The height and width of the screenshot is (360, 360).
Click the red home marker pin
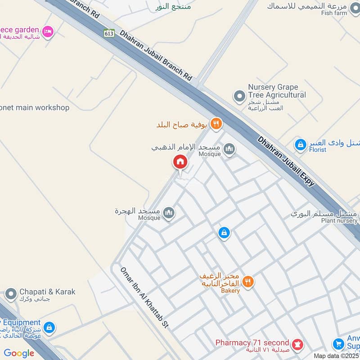point(180,162)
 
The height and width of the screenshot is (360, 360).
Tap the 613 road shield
point(108,33)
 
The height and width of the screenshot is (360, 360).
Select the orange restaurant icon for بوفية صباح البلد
point(216,123)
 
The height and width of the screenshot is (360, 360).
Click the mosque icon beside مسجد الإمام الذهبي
point(229,148)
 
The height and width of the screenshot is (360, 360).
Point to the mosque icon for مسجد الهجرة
point(169,212)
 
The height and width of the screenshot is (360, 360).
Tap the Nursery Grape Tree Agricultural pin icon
point(238,95)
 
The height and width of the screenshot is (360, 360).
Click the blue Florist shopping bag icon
point(300,145)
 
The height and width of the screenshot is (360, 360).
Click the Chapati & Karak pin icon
point(11,294)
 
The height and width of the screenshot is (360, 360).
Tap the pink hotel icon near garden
point(47,31)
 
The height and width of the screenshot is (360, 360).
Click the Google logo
point(19,353)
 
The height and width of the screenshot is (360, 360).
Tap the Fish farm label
point(334,13)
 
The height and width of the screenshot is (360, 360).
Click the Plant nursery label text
point(339,220)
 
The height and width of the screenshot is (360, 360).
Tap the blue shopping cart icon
point(338,344)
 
